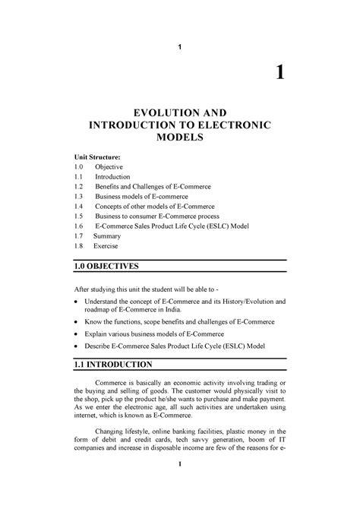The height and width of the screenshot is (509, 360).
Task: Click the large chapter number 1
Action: (x=280, y=73)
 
